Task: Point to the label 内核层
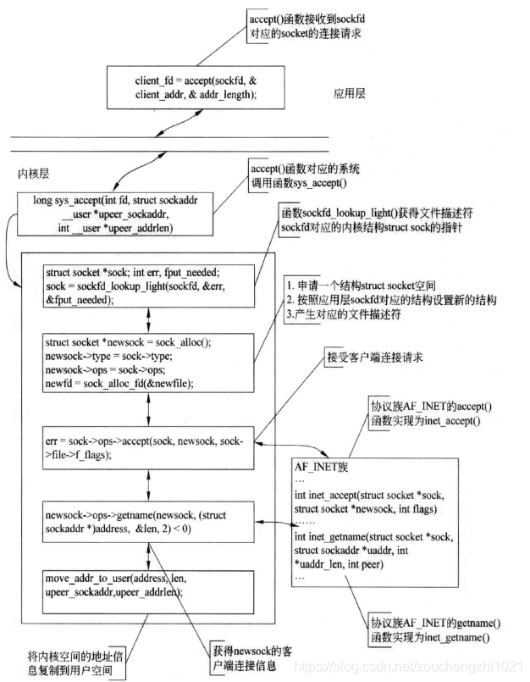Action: tap(35, 173)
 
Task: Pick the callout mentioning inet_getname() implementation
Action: tap(428, 628)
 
